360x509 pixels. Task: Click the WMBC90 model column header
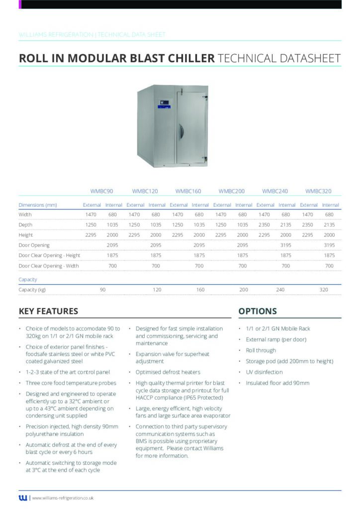click(x=102, y=191)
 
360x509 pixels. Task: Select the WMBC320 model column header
click(x=318, y=191)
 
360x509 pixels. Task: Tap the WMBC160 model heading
click(x=188, y=191)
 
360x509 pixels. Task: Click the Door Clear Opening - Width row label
click(x=49, y=266)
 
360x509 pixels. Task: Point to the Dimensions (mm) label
click(x=38, y=205)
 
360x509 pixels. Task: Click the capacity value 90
click(x=103, y=289)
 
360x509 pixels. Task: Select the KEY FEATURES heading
click(x=48, y=312)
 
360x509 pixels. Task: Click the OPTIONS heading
click(x=258, y=312)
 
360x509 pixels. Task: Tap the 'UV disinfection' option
click(x=264, y=372)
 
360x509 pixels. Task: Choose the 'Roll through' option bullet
click(x=261, y=350)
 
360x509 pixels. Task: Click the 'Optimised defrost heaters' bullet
click(x=168, y=372)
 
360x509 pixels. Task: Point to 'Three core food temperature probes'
click(x=71, y=383)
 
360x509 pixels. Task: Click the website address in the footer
click(x=63, y=498)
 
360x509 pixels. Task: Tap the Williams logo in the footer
click(x=23, y=498)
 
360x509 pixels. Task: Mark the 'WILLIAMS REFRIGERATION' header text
click(x=56, y=35)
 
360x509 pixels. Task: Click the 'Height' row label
click(x=26, y=235)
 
